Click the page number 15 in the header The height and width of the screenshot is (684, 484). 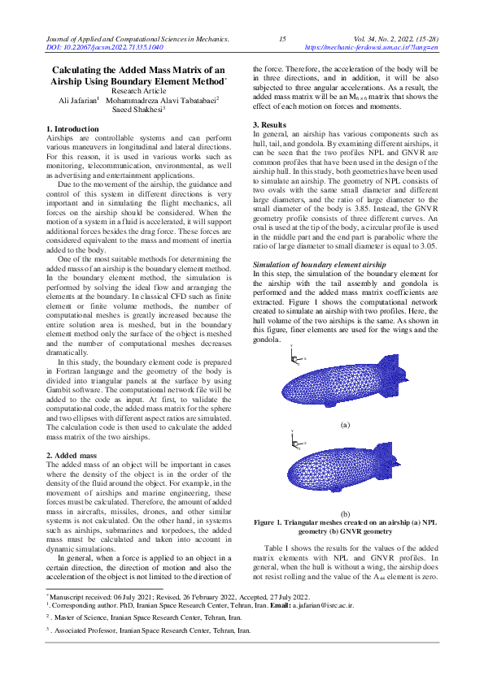(282, 39)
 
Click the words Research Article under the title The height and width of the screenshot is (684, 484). (136, 91)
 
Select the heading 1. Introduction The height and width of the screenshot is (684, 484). (72, 129)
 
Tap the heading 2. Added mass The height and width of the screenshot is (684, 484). (72, 456)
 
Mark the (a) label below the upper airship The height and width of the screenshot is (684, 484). (345, 425)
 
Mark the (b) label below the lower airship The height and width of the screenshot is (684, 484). (345, 514)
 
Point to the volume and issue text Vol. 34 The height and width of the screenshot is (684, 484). (367, 39)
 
